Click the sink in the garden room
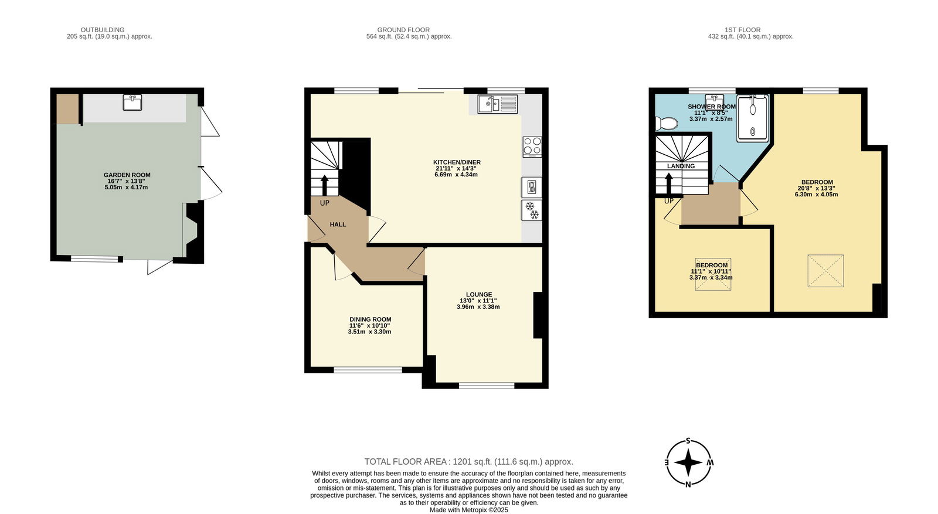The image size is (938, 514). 132,103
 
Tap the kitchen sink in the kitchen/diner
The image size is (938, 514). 498,104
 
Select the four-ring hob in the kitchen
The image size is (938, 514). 532,147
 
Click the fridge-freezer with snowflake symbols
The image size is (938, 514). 532,210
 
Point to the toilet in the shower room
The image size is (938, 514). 667,124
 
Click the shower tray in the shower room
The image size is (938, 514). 753,118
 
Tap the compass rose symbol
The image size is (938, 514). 689,463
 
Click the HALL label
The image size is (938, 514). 338,224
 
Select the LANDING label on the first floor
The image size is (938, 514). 681,166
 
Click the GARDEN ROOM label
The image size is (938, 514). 127,175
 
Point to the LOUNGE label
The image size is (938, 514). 479,294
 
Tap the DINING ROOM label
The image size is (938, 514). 371,319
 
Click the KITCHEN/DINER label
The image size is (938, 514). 457,162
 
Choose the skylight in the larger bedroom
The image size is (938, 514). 826,271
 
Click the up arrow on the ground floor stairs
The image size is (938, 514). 325,185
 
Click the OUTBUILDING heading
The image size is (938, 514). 103,30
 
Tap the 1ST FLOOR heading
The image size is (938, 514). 743,30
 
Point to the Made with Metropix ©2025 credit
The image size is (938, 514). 469,510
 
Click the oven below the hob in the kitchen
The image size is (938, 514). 532,187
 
